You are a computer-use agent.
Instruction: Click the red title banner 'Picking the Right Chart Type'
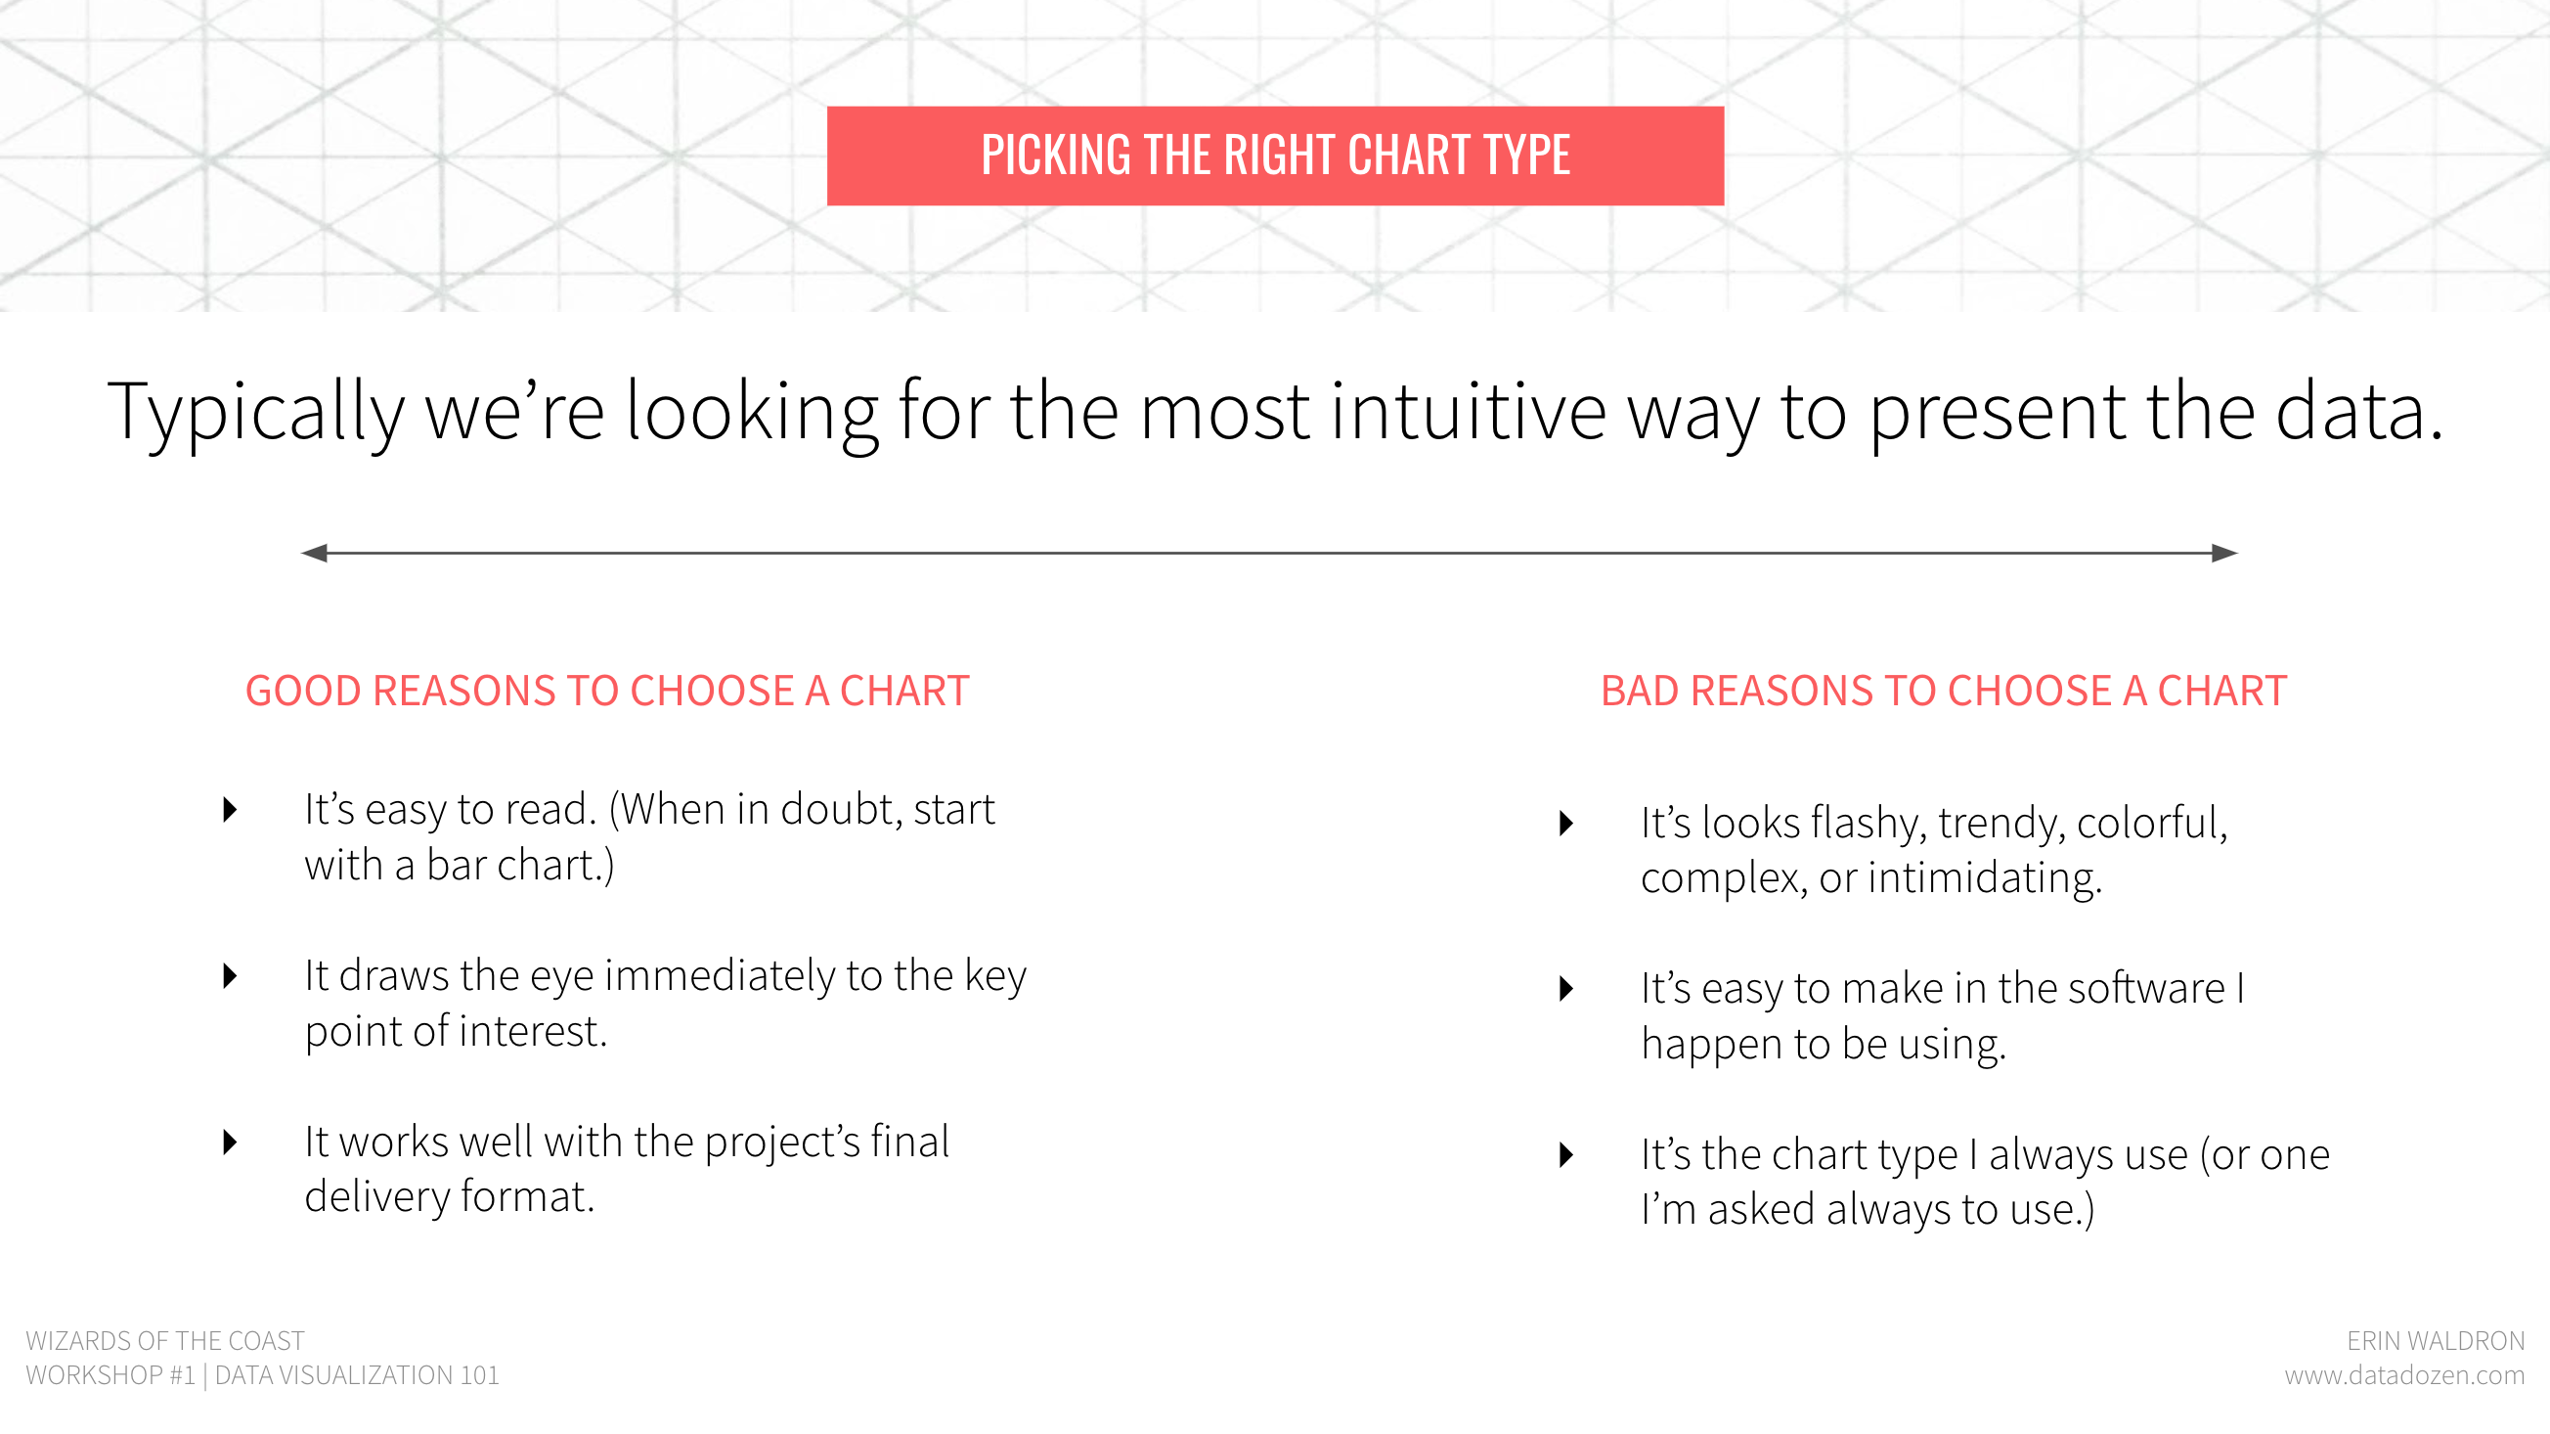(1275, 156)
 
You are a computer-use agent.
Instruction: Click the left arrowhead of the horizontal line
(315, 553)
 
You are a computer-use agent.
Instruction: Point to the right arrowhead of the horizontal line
(2224, 553)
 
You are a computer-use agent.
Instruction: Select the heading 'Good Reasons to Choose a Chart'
(607, 691)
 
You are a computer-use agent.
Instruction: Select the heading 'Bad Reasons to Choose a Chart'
(1943, 691)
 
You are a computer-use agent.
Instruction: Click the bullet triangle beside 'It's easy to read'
(231, 810)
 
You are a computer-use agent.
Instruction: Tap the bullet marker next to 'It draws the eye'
(231, 976)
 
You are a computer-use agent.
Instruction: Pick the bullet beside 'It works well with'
(231, 1143)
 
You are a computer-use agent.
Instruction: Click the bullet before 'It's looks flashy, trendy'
(1566, 823)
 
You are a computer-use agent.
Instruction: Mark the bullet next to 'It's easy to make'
(1566, 988)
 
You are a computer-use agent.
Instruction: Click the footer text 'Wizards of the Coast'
(165, 1341)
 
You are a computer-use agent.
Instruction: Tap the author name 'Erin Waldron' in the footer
(2436, 1341)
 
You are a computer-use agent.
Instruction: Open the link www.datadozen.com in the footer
(2404, 1375)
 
